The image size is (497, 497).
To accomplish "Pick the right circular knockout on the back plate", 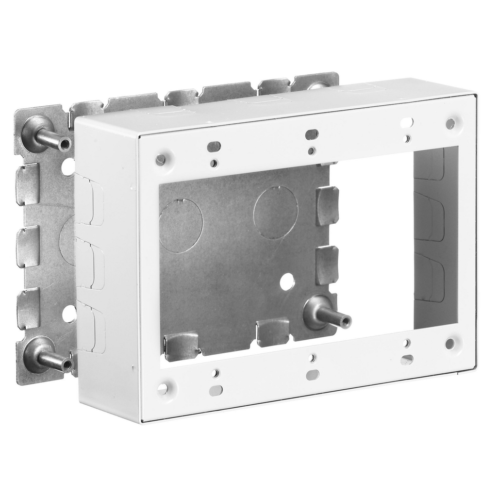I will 276,212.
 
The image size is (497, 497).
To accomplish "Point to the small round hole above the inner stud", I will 287,282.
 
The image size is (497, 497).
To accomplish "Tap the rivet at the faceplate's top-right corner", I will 450,124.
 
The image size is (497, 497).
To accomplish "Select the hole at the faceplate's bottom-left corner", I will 163,389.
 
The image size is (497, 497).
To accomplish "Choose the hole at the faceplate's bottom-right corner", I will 450,344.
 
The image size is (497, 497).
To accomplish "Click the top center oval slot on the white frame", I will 312,134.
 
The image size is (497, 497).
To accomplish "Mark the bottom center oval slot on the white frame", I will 313,375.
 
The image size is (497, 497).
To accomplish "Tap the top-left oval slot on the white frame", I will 214,146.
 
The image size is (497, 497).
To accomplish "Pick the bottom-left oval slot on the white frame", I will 216,390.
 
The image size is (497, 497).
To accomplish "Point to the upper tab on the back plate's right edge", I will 327,206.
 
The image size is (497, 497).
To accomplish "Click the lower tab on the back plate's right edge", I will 327,265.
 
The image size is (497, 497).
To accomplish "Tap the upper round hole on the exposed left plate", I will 68,166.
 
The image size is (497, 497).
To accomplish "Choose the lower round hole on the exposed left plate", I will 69,314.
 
